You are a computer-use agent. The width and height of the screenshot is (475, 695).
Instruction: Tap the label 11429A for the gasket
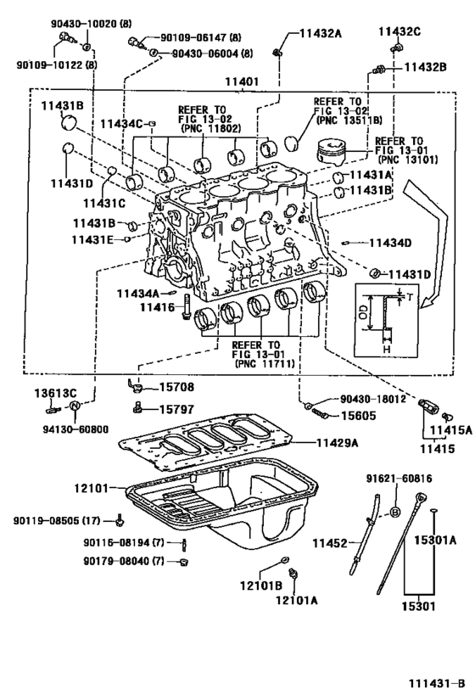[x=337, y=443]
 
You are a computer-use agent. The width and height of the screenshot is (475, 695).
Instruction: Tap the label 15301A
[x=435, y=540]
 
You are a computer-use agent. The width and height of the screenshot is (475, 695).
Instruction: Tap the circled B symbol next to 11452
[x=394, y=511]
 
